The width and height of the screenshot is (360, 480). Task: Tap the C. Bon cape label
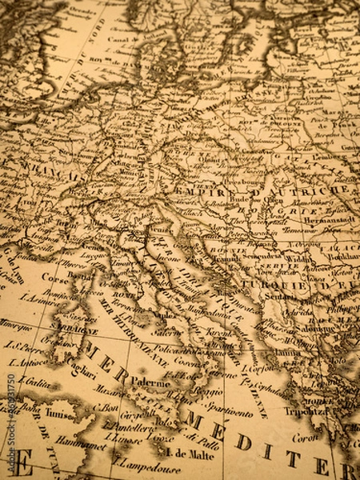tap(109, 406)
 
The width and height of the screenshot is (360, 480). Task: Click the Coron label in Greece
tap(305, 437)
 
